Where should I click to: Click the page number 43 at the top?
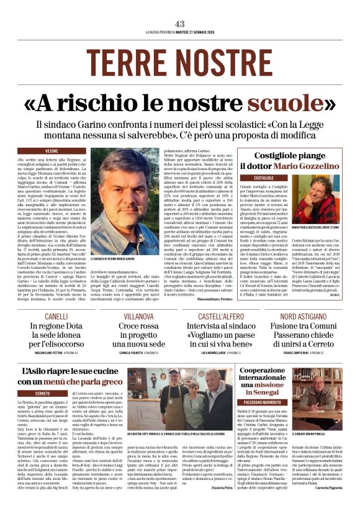[x=179, y=24]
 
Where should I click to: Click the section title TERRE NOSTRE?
[x=180, y=61]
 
